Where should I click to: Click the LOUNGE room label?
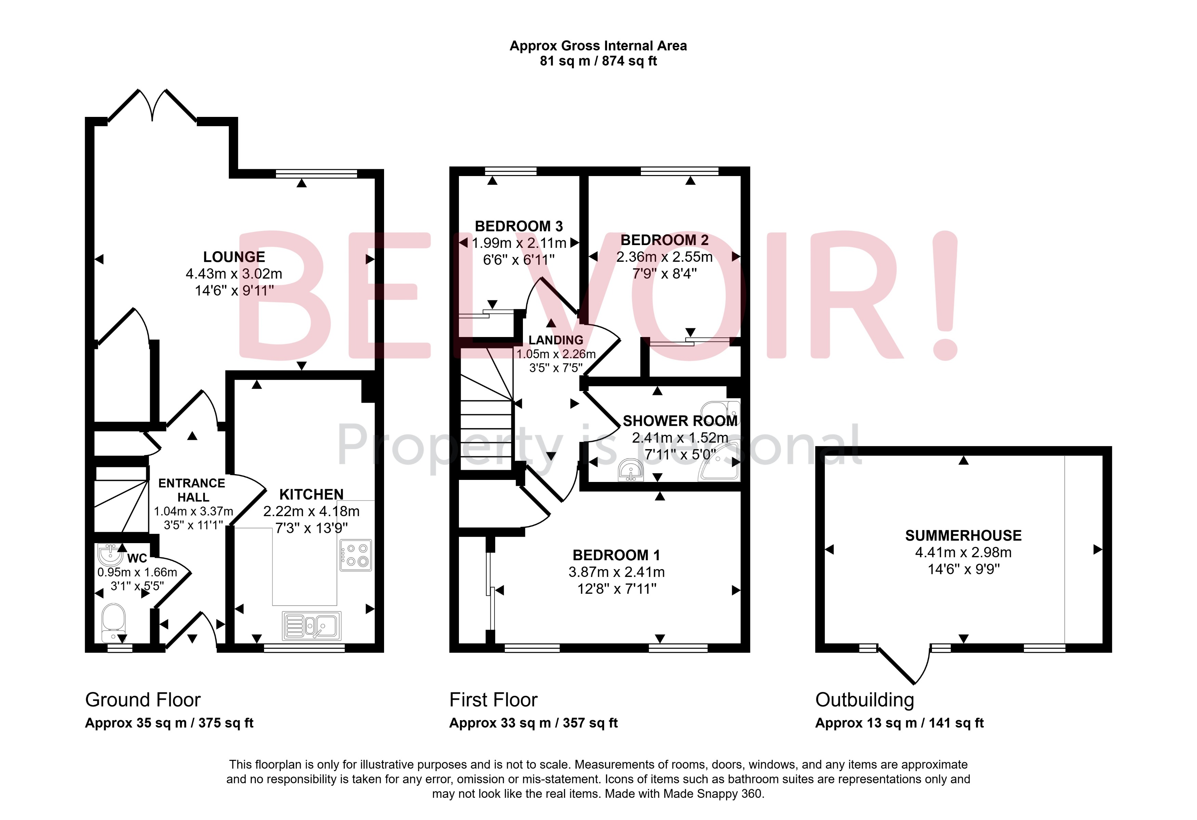tap(234, 257)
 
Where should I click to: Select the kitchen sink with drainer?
tap(312, 626)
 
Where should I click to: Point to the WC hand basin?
tap(109, 555)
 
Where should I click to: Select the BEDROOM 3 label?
tap(519, 226)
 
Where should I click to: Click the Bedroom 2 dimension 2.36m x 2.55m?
tap(665, 257)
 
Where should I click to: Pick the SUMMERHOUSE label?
tap(963, 535)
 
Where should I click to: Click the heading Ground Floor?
tap(143, 700)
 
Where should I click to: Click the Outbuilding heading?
tap(864, 700)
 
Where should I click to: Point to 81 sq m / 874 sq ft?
tap(598, 61)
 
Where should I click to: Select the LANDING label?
tap(556, 340)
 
